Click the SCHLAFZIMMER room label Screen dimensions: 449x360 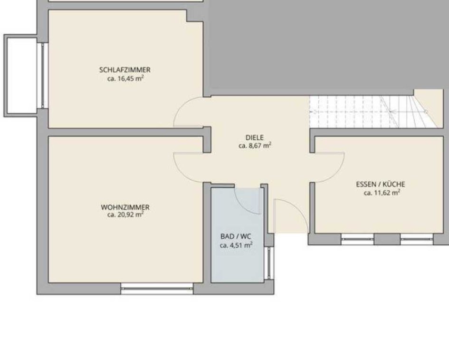click(x=125, y=69)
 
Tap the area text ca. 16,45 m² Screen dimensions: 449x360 click(x=125, y=78)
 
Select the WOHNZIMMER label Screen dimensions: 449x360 click(x=125, y=207)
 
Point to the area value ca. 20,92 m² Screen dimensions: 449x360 click(x=125, y=214)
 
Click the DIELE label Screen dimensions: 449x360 click(x=255, y=137)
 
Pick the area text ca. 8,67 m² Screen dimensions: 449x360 click(x=255, y=146)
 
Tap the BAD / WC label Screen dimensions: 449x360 click(x=236, y=236)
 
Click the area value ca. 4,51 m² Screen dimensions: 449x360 click(x=236, y=245)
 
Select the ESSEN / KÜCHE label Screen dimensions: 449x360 click(x=381, y=185)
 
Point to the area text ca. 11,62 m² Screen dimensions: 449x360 click(x=382, y=193)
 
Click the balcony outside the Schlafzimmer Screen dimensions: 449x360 click(x=20, y=76)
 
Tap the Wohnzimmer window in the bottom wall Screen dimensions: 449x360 click(x=157, y=288)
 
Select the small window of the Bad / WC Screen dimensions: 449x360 click(x=269, y=263)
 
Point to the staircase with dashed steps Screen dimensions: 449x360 click(x=376, y=112)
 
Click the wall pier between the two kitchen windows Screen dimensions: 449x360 click(x=387, y=239)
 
